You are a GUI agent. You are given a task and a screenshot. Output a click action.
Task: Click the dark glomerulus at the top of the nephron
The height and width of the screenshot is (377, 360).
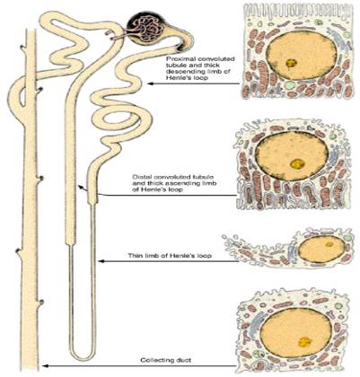145,29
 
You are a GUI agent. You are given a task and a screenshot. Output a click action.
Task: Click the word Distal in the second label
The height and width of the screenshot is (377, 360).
141,177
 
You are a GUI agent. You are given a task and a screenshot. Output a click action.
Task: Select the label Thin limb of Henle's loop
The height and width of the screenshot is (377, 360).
170,256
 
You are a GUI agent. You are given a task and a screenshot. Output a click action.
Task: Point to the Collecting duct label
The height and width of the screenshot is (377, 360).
166,360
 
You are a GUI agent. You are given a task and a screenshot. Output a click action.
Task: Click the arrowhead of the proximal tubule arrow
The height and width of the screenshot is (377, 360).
151,83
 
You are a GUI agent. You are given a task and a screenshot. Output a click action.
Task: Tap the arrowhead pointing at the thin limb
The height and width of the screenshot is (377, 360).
101,261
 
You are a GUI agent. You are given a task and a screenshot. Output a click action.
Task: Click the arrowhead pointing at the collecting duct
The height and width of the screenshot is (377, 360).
45,365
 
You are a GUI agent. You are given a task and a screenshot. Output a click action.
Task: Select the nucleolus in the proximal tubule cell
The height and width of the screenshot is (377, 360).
291,63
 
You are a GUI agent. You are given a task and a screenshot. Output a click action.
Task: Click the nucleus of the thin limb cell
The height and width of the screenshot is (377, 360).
322,249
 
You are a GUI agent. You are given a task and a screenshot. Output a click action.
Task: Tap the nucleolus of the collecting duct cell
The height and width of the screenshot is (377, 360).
305,341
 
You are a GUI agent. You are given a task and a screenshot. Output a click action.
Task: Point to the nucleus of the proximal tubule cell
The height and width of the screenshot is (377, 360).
301,55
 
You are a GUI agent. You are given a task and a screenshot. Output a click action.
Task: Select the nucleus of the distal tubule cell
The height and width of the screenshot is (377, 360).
293,156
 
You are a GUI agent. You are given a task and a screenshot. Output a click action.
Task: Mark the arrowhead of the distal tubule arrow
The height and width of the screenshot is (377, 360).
80,188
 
